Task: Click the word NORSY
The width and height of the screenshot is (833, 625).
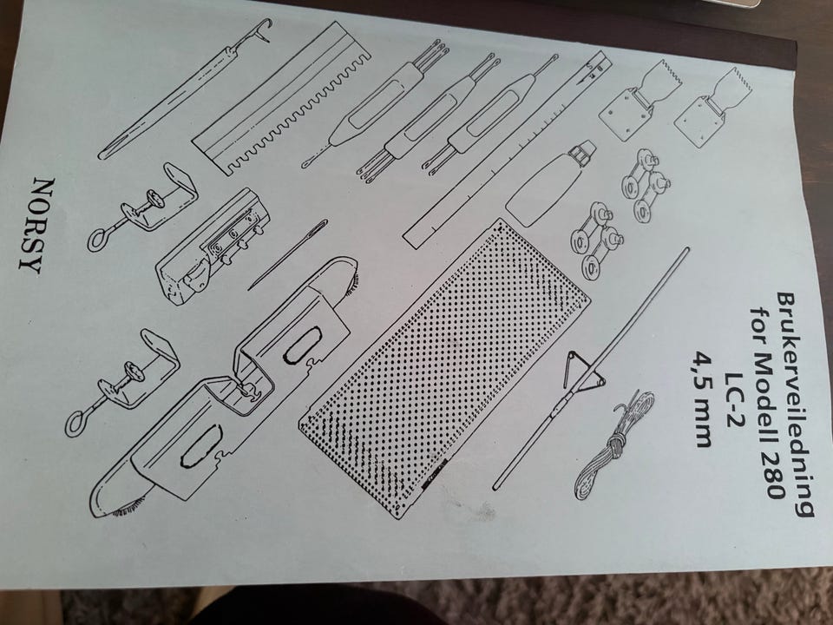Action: coord(36,226)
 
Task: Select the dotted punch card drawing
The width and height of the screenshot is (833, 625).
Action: coord(444,368)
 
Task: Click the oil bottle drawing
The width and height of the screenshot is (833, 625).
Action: coord(548,177)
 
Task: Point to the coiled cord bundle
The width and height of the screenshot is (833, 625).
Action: coord(613,446)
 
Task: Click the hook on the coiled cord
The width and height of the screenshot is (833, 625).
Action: coord(621,408)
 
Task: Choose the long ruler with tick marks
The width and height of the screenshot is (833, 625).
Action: coord(505,148)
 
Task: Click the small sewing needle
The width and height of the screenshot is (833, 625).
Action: coord(287,254)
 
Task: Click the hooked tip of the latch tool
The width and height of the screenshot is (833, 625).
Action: coord(263,30)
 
